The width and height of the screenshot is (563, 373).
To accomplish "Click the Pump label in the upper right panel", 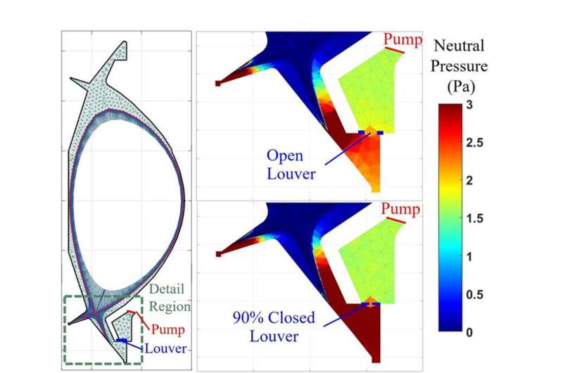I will [x=402, y=39].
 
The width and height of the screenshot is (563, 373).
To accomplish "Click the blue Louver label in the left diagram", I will [x=167, y=348].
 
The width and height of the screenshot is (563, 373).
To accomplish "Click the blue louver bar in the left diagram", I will [x=122, y=341].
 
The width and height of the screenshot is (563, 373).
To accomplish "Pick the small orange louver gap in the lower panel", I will [x=370, y=301].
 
